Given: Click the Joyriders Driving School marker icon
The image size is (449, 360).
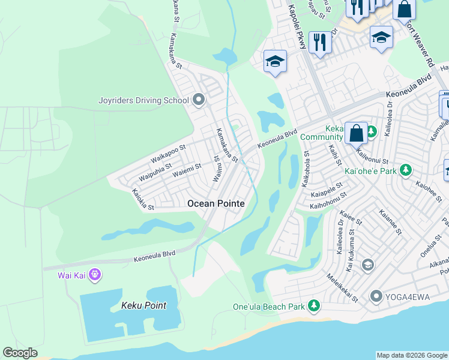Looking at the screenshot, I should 199,101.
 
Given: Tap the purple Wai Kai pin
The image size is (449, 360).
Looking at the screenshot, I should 94,275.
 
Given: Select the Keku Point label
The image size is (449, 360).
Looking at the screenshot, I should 143,305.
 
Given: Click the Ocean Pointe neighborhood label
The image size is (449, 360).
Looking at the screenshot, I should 216,204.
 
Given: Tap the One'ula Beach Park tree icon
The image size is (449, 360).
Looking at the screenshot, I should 313,307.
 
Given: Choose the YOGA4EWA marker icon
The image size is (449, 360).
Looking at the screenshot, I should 376,296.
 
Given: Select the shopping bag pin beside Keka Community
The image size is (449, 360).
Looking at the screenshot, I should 356,133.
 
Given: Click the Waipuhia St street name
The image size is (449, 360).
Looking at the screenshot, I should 155,172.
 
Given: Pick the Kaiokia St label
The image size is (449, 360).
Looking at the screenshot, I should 143,200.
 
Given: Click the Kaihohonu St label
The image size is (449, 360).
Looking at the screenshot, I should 328,200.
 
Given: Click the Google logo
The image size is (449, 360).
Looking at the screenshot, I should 20,353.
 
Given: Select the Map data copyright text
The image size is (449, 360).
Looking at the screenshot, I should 412,355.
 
